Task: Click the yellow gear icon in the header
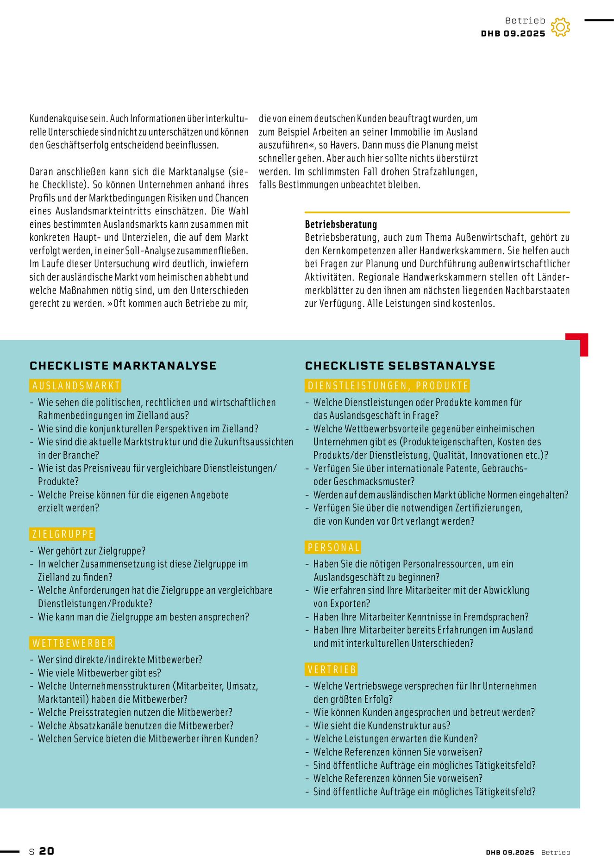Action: point(560,27)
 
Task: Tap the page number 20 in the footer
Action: point(46,851)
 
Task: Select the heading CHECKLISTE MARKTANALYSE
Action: point(123,366)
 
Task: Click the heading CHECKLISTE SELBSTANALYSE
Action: point(400,366)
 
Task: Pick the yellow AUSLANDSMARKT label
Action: point(75,386)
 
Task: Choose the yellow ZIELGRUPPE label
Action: point(63,534)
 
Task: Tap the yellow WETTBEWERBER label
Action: point(72,643)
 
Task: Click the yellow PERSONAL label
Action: point(333,547)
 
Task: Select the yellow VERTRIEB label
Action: point(332,669)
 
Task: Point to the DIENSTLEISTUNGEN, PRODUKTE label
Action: point(388,386)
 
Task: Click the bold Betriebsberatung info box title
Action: point(341,225)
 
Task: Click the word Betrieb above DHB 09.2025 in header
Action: point(525,21)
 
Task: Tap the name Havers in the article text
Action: point(343,145)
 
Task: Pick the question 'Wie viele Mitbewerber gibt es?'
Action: point(99,673)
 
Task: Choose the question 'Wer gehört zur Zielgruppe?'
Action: point(91,551)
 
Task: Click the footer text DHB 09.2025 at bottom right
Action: point(510,852)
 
